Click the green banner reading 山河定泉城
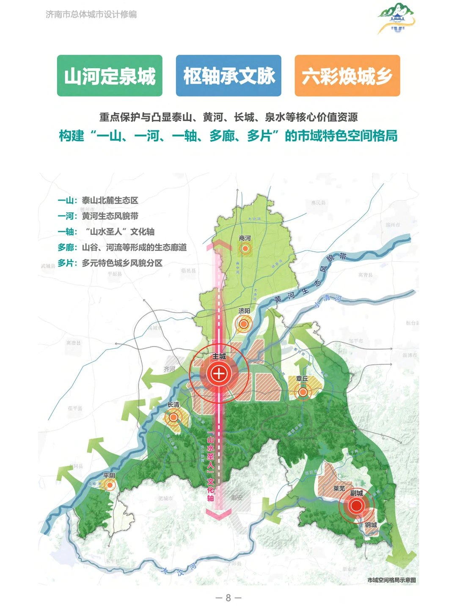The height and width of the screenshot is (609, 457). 110,76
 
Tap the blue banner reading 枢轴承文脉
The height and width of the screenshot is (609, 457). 228,76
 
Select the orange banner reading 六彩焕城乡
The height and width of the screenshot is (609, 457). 347,76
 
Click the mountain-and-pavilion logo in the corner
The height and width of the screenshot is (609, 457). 396,18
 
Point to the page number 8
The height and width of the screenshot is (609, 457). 228,598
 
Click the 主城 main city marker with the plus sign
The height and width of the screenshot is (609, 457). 219,374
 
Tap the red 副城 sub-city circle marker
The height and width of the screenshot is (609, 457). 357,505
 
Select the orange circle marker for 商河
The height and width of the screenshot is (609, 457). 245,248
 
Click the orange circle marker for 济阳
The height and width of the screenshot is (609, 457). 244,325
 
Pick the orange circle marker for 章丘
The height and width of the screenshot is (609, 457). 303,392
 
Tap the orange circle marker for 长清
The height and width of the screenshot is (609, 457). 173,418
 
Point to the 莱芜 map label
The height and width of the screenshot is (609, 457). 339,488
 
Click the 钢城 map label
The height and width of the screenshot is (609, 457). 371,525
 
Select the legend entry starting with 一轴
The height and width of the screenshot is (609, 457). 106,231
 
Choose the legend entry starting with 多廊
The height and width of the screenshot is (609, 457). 122,247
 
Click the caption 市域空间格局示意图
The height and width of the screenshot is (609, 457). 391,580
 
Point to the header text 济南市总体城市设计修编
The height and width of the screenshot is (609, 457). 91,14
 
